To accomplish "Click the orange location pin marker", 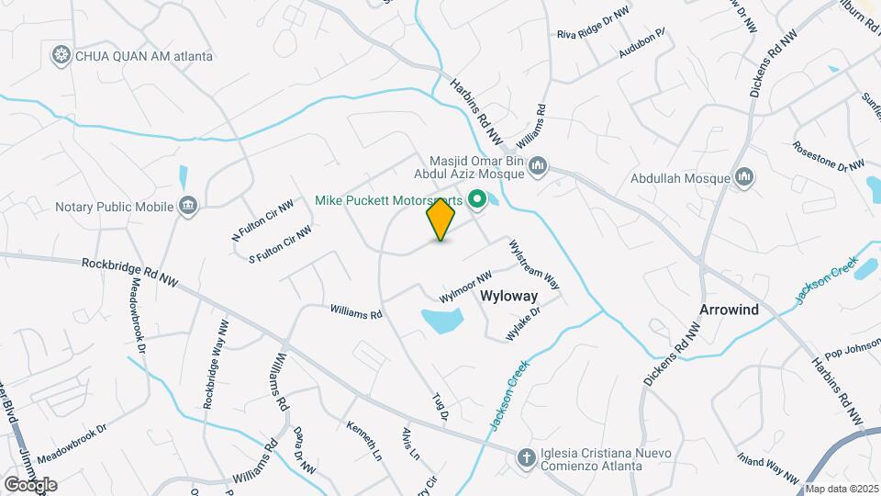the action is [440, 220].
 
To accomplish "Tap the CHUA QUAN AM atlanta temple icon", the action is [61, 56].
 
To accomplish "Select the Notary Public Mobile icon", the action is [187, 204].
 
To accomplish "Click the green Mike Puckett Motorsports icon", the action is [477, 198].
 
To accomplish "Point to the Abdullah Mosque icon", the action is [744, 177].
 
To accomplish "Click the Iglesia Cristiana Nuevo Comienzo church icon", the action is [526, 457].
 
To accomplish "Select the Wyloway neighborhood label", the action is [508, 297].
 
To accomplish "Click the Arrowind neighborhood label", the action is [729, 310].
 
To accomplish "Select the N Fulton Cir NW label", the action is [262, 220].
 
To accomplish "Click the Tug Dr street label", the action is [440, 408].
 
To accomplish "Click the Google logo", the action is [29, 484].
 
